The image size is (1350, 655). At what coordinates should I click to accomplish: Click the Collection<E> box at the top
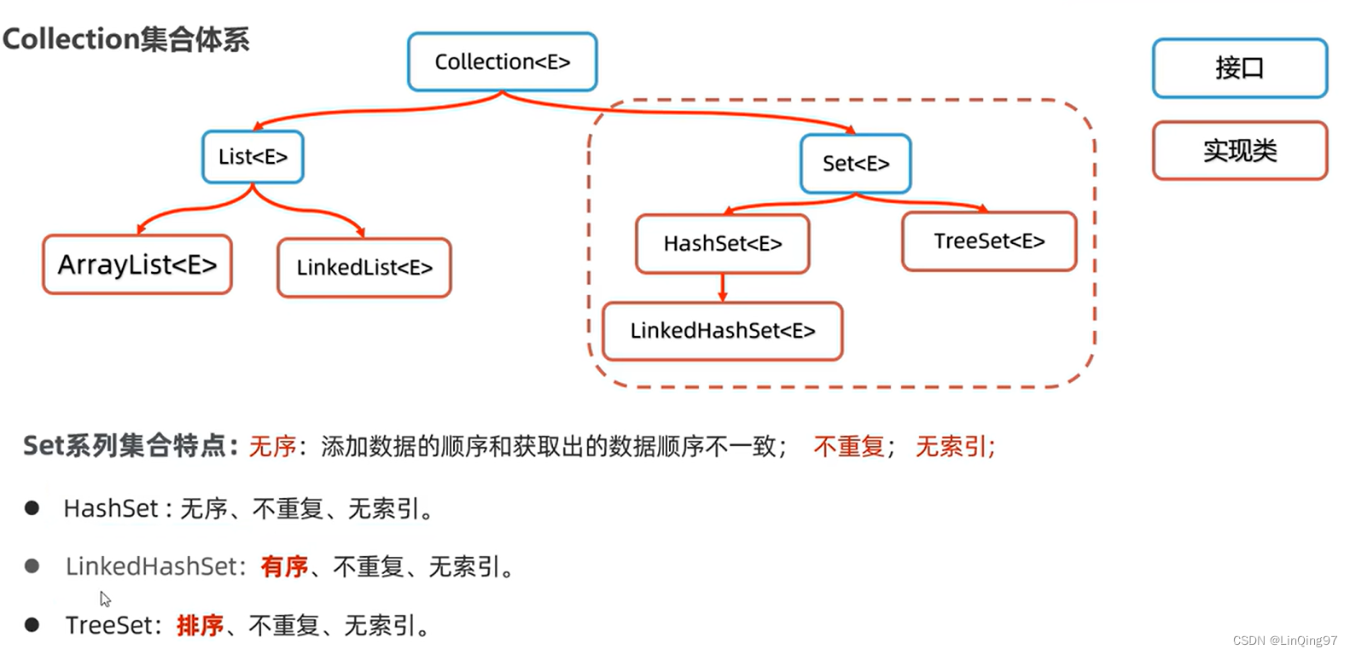click(x=502, y=61)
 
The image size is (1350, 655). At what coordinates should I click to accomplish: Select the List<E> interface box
click(x=253, y=157)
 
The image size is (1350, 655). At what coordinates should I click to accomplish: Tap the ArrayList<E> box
click(x=137, y=264)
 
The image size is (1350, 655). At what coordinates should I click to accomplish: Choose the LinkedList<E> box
click(x=364, y=268)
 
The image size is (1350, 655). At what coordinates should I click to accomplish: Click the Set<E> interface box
click(x=855, y=163)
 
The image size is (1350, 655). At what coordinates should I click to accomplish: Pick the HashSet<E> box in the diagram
click(x=723, y=244)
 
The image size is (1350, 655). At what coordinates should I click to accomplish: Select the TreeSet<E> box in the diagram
click(x=989, y=241)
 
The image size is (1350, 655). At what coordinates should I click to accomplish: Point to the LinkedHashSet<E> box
click(x=723, y=331)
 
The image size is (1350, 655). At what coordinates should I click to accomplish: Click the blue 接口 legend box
click(x=1239, y=68)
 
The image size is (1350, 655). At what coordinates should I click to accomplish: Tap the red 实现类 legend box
click(x=1239, y=151)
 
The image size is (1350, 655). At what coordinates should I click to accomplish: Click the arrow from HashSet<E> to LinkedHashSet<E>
click(x=723, y=287)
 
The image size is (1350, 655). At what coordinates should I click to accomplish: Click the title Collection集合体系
click(x=126, y=39)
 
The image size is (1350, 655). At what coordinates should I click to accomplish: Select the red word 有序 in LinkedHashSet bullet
click(x=284, y=566)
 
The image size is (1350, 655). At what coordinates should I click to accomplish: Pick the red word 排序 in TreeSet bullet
click(x=200, y=625)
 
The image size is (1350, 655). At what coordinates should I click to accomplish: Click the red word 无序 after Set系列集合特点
click(x=272, y=446)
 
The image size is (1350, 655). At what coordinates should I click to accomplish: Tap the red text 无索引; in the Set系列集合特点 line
click(x=955, y=446)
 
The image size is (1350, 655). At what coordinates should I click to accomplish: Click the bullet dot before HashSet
click(x=32, y=508)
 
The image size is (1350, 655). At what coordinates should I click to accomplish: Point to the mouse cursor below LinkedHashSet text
click(x=105, y=599)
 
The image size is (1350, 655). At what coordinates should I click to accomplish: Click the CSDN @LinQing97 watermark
click(x=1284, y=641)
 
